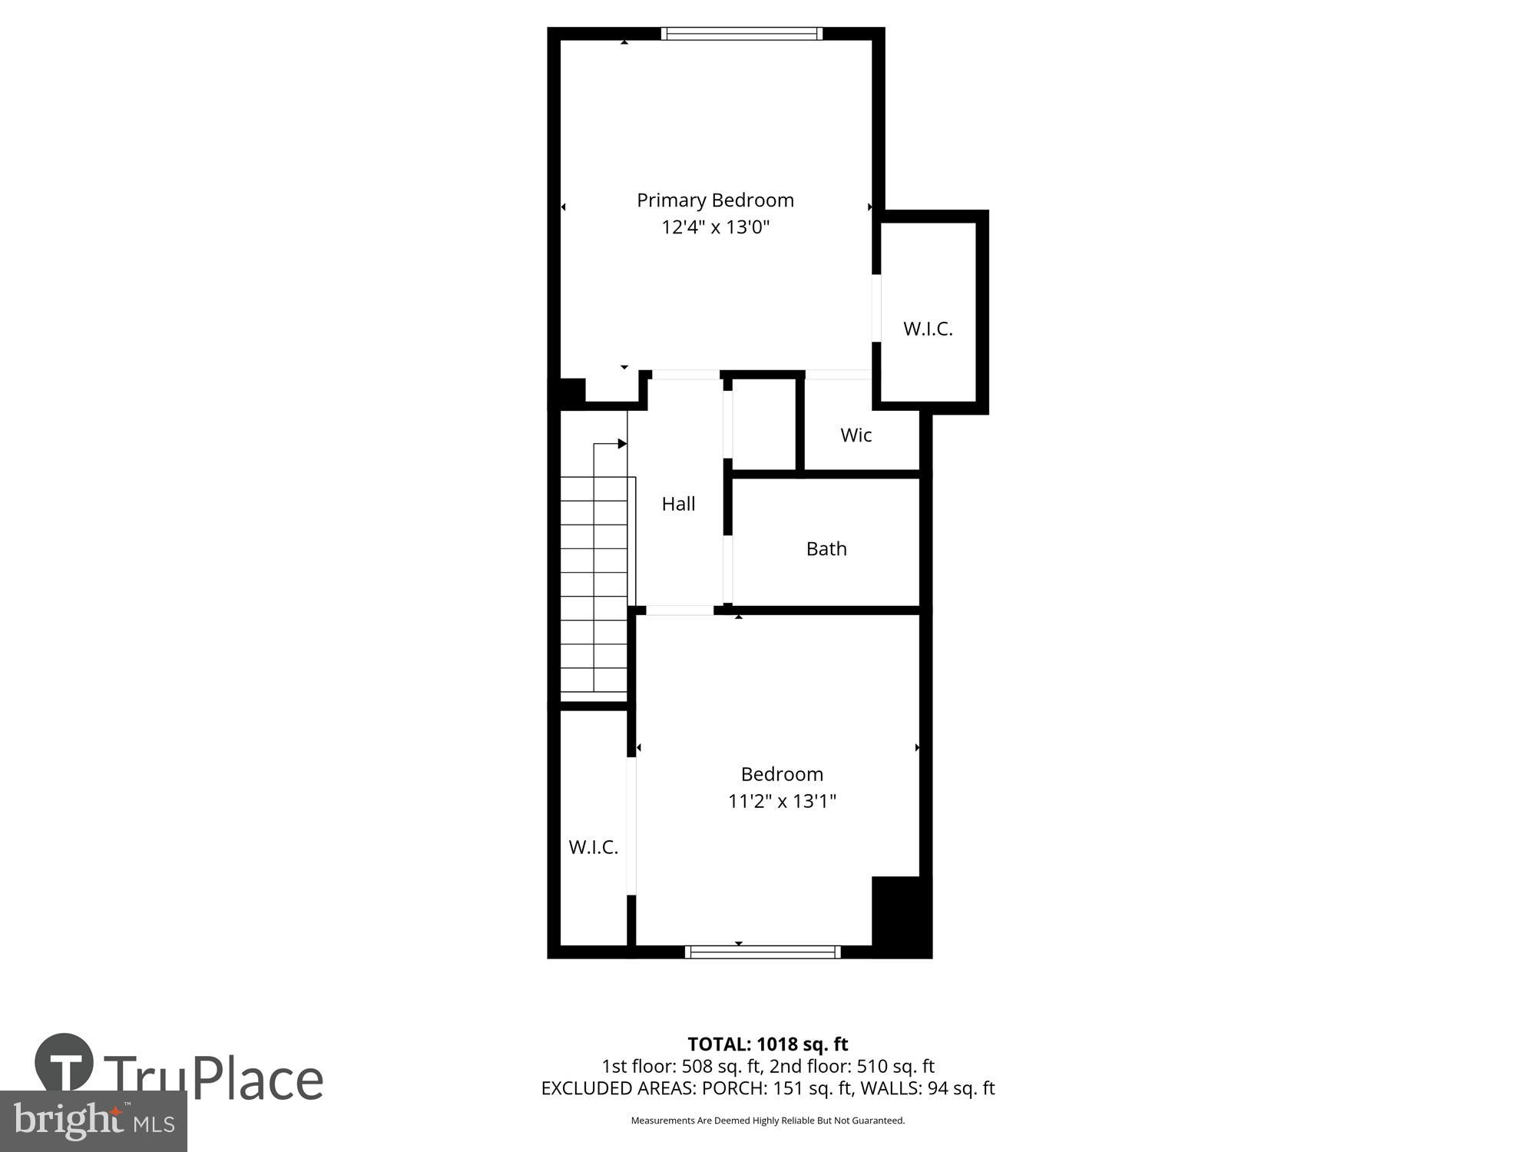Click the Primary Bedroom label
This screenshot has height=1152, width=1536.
[x=715, y=200]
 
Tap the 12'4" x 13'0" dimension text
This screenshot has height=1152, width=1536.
[x=715, y=227]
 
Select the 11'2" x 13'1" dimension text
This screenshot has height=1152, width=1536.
[x=782, y=801]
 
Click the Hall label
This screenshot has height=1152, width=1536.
[x=678, y=504]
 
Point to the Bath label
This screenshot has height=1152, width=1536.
[x=826, y=548]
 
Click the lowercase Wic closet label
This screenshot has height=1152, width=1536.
[x=856, y=435]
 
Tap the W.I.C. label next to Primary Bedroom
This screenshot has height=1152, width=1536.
[x=928, y=329]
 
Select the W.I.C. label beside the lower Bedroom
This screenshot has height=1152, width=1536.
[x=593, y=847]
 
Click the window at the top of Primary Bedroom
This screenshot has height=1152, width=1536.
[x=741, y=33]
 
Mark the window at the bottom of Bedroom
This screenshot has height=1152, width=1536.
[x=763, y=952]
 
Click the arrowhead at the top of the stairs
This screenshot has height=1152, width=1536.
[x=622, y=444]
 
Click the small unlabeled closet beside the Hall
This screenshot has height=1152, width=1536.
[x=764, y=424]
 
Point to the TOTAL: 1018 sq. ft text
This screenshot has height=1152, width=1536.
[x=767, y=1044]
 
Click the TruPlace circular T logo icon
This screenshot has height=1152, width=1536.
[x=65, y=1062]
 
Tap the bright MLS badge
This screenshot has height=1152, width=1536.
[x=94, y=1121]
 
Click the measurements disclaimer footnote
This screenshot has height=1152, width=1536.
[x=767, y=1121]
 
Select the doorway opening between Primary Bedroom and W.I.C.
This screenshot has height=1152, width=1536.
[x=876, y=308]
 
